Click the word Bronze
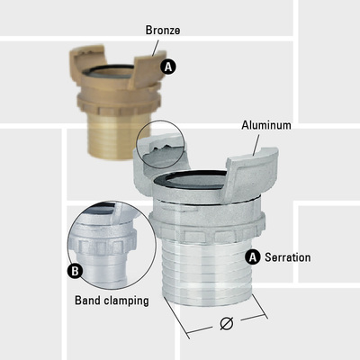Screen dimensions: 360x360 (163, 31)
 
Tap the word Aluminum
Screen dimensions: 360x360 (266, 125)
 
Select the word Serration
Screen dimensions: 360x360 (288, 257)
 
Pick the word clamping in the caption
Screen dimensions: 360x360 (125, 301)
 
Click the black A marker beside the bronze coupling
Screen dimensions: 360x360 (168, 67)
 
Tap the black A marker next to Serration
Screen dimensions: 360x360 (253, 257)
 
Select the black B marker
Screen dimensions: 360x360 (75, 271)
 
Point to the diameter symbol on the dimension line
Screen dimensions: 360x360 (227, 323)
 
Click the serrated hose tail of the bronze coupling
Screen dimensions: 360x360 (118, 137)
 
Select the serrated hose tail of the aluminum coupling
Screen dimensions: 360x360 (207, 270)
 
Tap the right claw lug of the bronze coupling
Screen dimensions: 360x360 (148, 69)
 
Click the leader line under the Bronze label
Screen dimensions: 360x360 (156, 48)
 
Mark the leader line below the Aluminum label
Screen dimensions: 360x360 (256, 145)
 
